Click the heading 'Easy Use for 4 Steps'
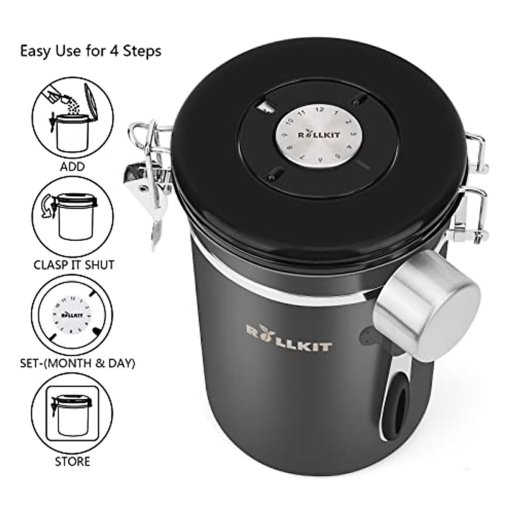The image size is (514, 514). [x=91, y=51]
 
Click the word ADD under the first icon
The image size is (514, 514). [x=73, y=166]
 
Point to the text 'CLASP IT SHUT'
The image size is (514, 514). [x=74, y=264]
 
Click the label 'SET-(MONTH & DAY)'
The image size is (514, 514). [x=78, y=364]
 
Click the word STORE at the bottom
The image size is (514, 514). [x=73, y=461]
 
